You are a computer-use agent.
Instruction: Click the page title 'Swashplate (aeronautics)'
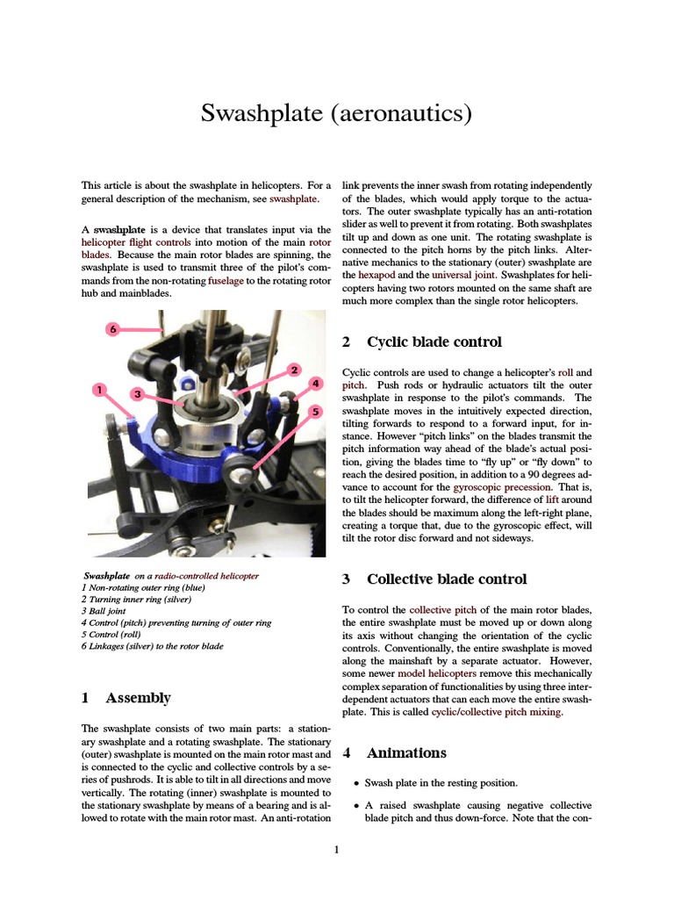337,113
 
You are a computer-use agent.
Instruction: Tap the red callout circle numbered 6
112,329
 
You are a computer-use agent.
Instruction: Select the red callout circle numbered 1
100,389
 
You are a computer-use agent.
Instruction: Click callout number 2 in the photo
295,370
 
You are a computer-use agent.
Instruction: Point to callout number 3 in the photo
138,394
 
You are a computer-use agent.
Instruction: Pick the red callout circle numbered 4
316,384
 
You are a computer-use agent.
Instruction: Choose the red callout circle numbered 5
316,410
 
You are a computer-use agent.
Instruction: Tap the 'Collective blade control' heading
447,579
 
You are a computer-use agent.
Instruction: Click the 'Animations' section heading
406,753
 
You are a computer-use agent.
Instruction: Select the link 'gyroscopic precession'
503,486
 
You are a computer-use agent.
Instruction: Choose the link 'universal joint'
462,275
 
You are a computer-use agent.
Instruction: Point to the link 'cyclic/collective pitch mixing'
497,712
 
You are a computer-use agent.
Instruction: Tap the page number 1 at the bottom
337,849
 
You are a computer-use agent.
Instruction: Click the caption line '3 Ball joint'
106,611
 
